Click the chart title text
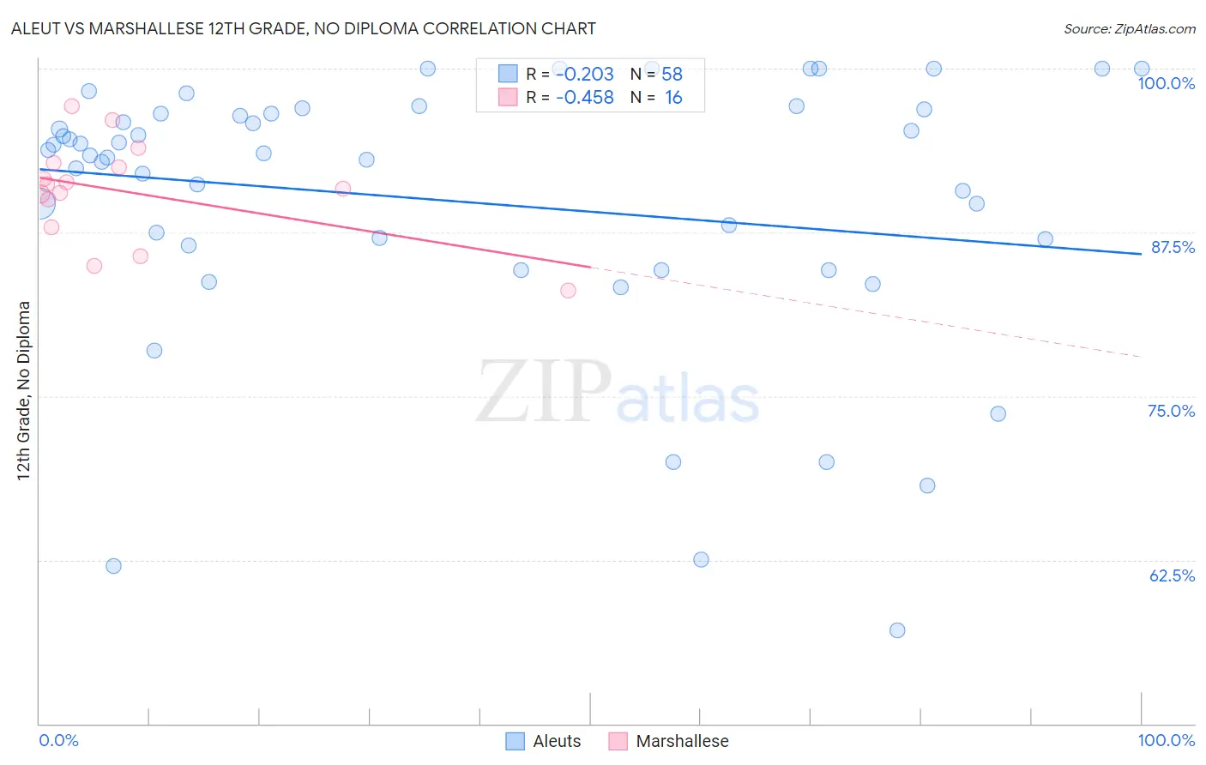click(x=304, y=28)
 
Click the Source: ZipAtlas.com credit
click(x=1129, y=28)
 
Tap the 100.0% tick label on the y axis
click(x=1166, y=83)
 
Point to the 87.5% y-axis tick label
click(x=1172, y=247)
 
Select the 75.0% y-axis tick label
click(x=1171, y=411)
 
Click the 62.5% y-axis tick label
click(x=1172, y=575)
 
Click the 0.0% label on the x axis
click(x=58, y=740)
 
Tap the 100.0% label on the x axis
click(x=1166, y=740)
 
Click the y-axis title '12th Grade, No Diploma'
click(x=24, y=390)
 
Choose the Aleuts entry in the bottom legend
click(x=557, y=741)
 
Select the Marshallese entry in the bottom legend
click(x=682, y=741)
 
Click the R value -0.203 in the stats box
click(x=585, y=75)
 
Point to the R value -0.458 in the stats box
click(x=585, y=98)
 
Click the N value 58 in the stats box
click(x=672, y=75)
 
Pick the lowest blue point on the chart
click(x=897, y=630)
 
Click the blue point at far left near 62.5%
click(x=113, y=566)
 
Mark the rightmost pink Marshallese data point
click(x=568, y=291)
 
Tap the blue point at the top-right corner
click(x=1142, y=69)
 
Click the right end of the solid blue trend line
click(x=1141, y=254)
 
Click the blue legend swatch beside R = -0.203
click(x=508, y=74)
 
